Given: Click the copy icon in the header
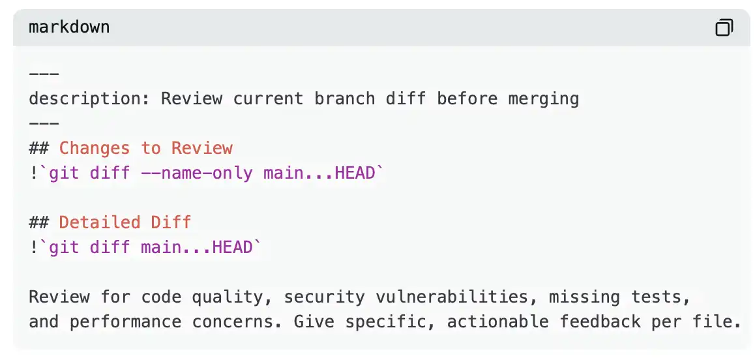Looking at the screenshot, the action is pos(724,27).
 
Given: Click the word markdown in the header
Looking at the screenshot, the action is pos(69,27).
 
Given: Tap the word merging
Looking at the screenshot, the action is pos(544,99).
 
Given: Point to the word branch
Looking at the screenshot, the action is pos(345,98).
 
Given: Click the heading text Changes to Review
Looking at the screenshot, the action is pos(146,147).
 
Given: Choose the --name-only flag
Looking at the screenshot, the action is pos(196,173).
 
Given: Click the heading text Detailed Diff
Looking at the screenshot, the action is pos(125,222).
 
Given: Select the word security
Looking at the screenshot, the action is pos(324,297).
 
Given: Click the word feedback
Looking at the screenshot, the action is pos(600,322).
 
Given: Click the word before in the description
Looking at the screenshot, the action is pos(467,98).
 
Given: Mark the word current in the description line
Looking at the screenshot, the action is pos(268,98).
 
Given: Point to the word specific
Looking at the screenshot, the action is pos(391,322).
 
